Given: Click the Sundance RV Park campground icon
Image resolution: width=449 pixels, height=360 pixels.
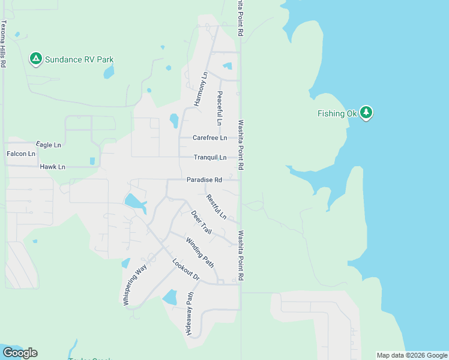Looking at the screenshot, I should [x=35, y=59].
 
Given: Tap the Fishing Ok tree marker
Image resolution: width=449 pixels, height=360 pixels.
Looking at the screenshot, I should [x=367, y=113].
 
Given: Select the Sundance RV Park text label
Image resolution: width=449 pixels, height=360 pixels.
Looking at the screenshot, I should [x=80, y=59].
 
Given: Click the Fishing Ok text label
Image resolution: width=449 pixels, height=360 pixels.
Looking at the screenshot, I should [x=337, y=113].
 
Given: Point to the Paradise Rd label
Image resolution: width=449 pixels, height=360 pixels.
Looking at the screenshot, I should [x=204, y=179].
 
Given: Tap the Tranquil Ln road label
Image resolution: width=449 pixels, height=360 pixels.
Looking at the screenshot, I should [x=210, y=157].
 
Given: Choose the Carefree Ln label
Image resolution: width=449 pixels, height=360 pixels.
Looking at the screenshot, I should [x=209, y=137].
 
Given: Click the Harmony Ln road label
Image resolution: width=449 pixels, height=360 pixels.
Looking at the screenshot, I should [x=201, y=89].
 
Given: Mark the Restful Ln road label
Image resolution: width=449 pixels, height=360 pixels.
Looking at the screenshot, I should [x=216, y=206].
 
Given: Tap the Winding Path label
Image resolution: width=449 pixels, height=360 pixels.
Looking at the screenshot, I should [x=200, y=252].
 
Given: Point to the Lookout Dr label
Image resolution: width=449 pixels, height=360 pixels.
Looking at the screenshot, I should [x=185, y=269].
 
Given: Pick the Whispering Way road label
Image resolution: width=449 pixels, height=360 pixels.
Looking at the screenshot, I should [x=135, y=286].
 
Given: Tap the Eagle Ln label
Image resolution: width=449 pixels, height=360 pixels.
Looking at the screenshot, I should [x=49, y=145].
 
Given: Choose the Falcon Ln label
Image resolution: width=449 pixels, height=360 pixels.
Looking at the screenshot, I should [x=21, y=154].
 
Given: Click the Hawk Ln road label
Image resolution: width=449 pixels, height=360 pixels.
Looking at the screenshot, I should [x=52, y=166].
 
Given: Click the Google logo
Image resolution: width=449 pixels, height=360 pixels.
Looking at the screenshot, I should [x=20, y=353].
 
